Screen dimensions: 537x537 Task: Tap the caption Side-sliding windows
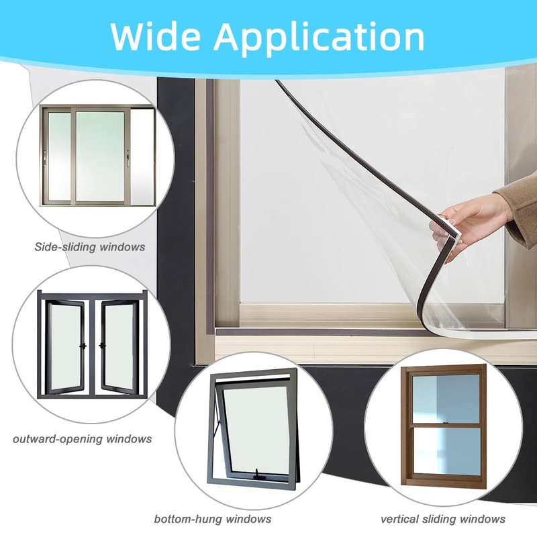[89, 247]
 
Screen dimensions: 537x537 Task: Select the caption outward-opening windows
[82, 439]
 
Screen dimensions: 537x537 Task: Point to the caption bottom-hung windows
[213, 519]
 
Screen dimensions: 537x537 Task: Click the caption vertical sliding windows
[443, 519]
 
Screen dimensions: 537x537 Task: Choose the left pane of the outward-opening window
[67, 346]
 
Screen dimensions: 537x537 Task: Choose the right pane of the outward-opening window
[118, 346]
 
